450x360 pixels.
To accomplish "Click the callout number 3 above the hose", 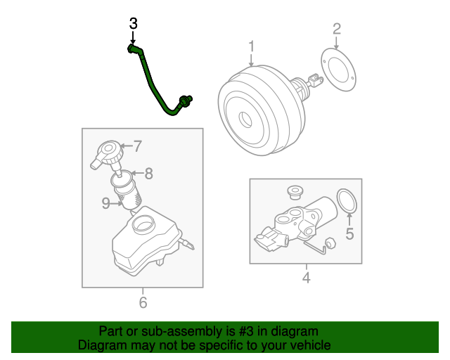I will (134, 23).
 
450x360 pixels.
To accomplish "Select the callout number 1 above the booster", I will (251, 47).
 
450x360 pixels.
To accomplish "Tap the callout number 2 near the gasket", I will (336, 29).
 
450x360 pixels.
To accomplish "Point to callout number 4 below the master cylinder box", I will (306, 278).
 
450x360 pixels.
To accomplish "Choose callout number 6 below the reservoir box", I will (143, 303).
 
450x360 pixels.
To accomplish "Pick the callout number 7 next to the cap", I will (137, 147).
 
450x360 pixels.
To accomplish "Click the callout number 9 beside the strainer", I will (105, 203).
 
